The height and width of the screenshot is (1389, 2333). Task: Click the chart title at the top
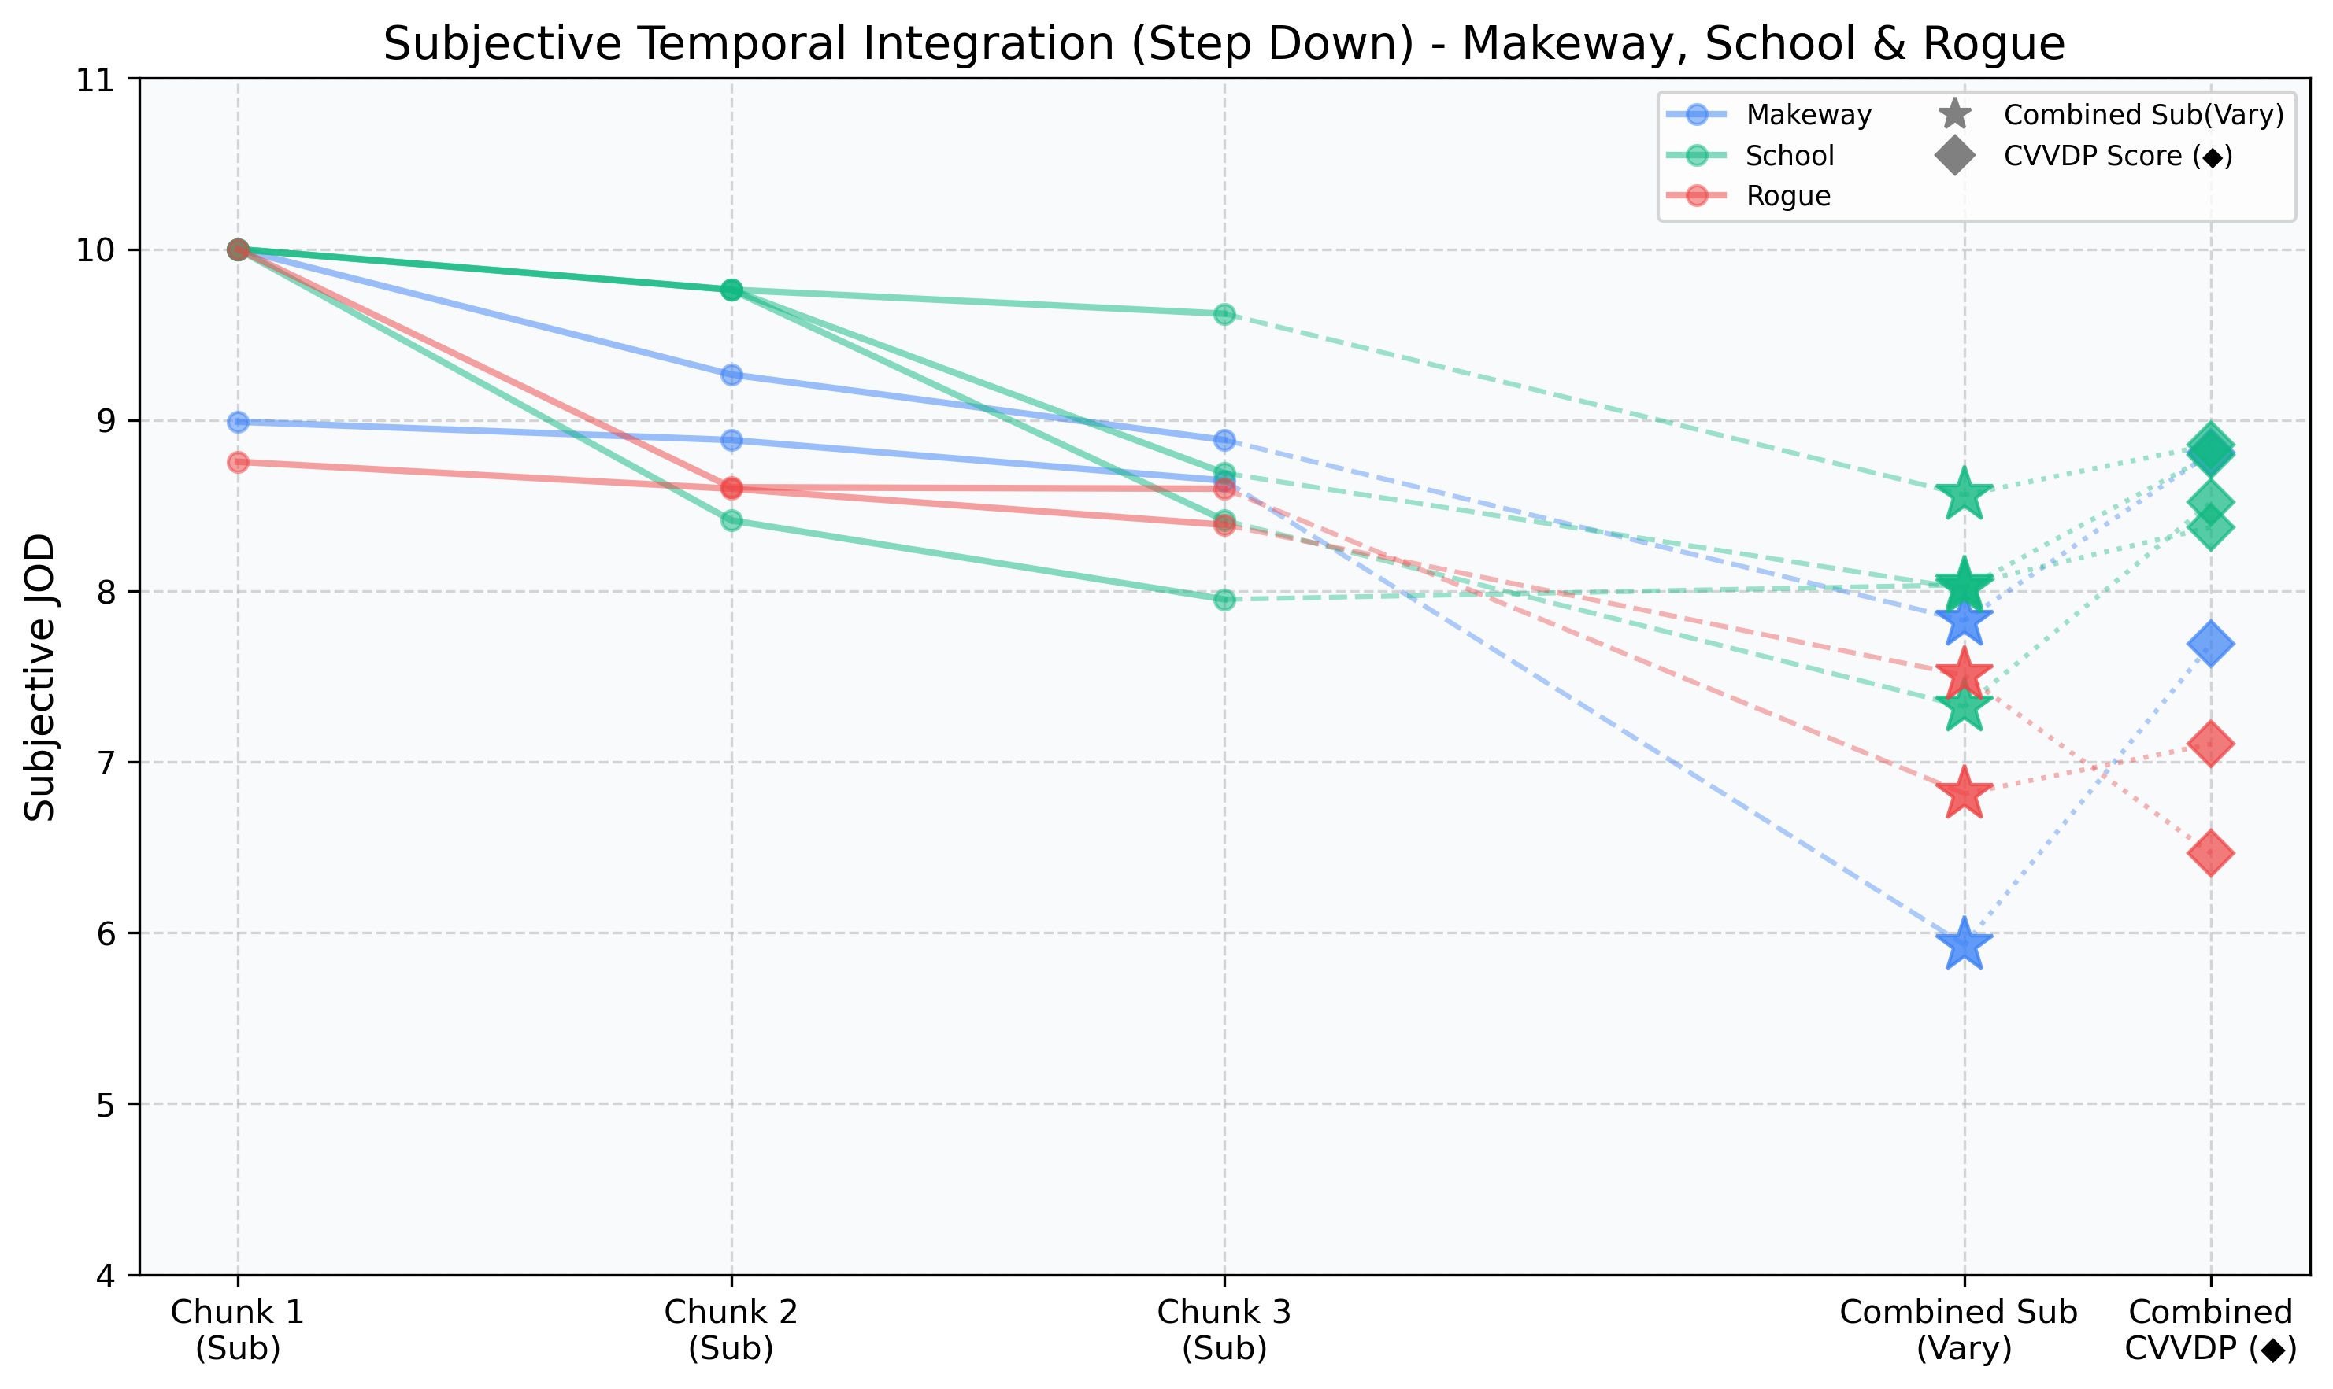click(1224, 44)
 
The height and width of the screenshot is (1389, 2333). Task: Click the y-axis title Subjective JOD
click(40, 678)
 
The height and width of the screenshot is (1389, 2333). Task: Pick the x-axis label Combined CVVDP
click(2210, 1329)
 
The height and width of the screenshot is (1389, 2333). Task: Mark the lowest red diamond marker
click(2210, 853)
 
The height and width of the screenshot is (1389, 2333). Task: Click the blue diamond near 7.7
click(2210, 643)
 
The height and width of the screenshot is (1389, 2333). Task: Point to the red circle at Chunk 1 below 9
click(238, 463)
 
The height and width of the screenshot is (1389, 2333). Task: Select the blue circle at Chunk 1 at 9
click(238, 422)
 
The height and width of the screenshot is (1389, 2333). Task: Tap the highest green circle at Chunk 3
click(1224, 315)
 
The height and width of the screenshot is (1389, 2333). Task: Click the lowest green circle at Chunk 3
click(1224, 599)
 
